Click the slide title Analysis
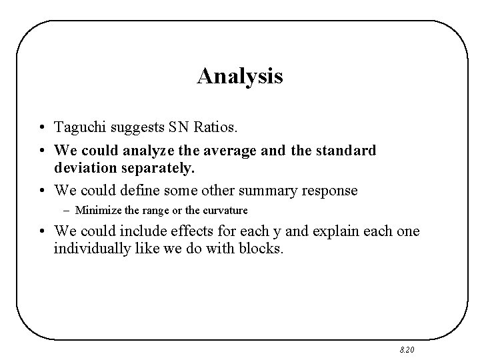pos(240,76)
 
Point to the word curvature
pos(225,211)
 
